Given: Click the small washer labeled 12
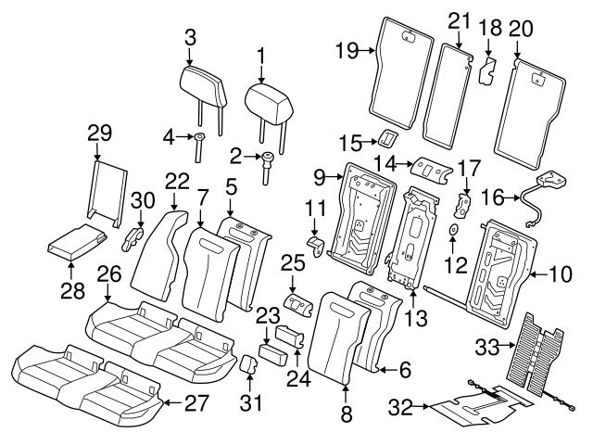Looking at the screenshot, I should point(453,228).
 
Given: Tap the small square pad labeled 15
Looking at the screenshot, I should point(385,140).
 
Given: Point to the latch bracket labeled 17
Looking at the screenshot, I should point(468,202).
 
